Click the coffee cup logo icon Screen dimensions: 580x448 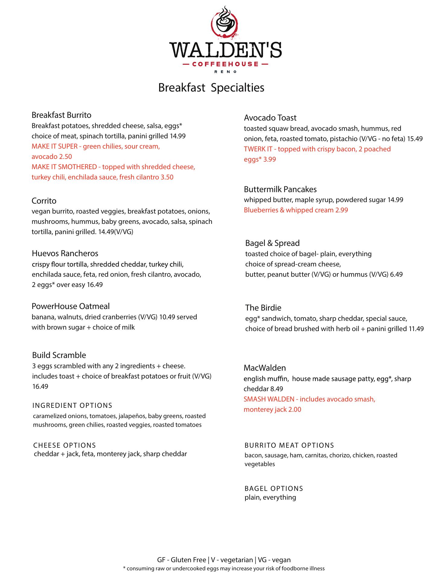(225, 23)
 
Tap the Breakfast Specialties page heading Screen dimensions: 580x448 (211, 88)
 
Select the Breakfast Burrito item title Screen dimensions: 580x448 (61, 115)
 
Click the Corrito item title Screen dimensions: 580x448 (44, 201)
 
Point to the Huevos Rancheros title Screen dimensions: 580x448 (65, 253)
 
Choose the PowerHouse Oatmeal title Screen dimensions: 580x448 (71, 306)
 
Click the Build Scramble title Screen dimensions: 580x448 (59, 355)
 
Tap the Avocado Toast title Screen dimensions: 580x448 (270, 118)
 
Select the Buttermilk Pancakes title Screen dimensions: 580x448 (280, 189)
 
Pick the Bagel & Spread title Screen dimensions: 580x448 (272, 243)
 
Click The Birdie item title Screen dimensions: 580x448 (263, 308)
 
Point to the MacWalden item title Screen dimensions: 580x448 (265, 368)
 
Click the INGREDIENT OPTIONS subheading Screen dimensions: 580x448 (72, 406)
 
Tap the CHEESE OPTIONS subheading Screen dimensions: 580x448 (65, 445)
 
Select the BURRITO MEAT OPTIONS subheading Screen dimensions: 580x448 (289, 445)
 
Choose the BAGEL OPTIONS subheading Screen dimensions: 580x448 (274, 488)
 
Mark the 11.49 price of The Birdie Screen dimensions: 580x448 (416, 329)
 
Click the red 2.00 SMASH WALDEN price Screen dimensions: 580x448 (294, 410)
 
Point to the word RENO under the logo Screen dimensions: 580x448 (225, 72)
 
